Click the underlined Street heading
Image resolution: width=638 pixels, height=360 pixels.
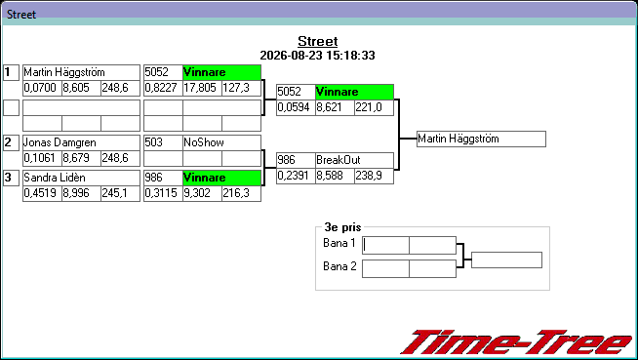pyautogui.click(x=318, y=42)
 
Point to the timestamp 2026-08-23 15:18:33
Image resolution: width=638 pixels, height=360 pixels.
pyautogui.click(x=317, y=56)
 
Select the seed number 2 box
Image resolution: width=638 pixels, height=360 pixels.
pyautogui.click(x=11, y=142)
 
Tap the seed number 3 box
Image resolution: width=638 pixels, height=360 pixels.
pyautogui.click(x=11, y=178)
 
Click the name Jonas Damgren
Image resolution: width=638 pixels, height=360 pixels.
pyautogui.click(x=60, y=142)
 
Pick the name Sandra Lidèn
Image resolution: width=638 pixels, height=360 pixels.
pyautogui.click(x=55, y=178)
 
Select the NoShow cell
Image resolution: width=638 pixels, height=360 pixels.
pyautogui.click(x=221, y=142)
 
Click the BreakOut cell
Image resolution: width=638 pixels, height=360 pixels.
pyautogui.click(x=354, y=160)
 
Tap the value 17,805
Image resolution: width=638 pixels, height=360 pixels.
pyautogui.click(x=202, y=88)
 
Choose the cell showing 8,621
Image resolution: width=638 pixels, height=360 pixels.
pyautogui.click(x=335, y=107)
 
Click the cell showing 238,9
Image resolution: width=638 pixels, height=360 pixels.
pyautogui.click(x=374, y=177)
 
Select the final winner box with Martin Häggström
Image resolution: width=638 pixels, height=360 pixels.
pyautogui.click(x=481, y=140)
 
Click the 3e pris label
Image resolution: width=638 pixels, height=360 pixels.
pyautogui.click(x=342, y=227)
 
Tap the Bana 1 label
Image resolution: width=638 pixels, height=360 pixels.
pyautogui.click(x=339, y=243)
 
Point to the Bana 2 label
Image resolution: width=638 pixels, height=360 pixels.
pyautogui.click(x=339, y=266)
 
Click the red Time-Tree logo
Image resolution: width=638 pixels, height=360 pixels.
pyautogui.click(x=516, y=342)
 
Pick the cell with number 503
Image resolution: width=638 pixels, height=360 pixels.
pyautogui.click(x=163, y=142)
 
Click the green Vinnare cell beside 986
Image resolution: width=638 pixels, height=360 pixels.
pyautogui.click(x=221, y=178)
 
